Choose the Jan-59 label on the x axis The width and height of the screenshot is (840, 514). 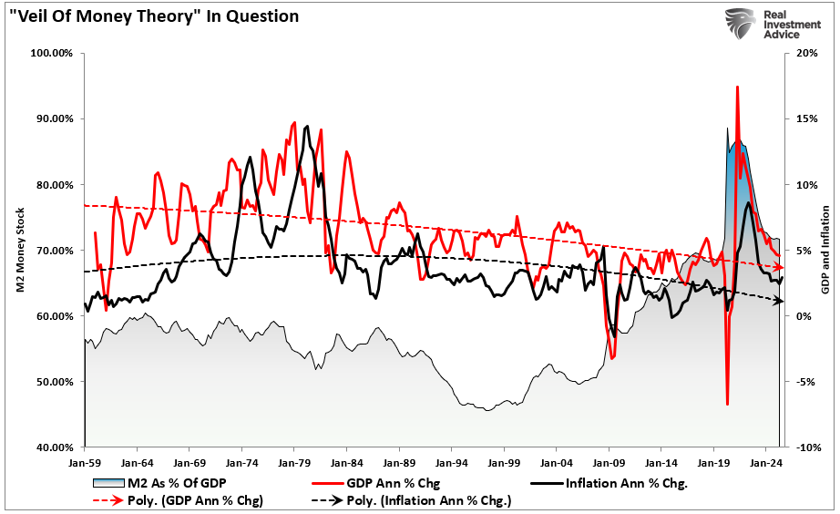pos(84,462)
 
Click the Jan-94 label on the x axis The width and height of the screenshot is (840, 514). pos(451,462)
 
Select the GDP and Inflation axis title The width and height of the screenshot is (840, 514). pos(825,251)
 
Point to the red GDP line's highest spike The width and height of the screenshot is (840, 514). pos(736,87)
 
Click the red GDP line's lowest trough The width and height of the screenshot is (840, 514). pos(727,404)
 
